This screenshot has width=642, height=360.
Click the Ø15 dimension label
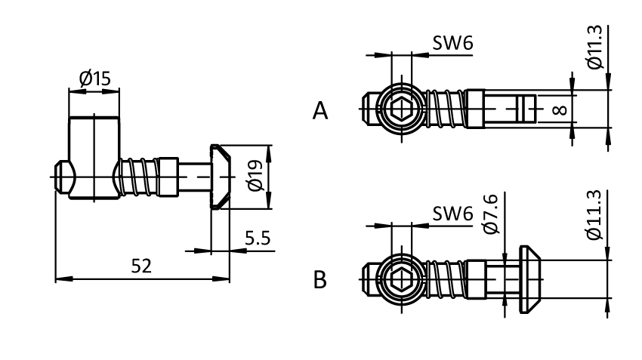click(x=94, y=78)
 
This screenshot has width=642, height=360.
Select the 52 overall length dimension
click(x=141, y=266)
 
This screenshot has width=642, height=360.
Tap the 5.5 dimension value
click(x=258, y=238)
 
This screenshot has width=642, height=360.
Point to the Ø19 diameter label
click(x=255, y=176)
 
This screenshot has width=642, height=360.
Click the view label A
click(x=321, y=112)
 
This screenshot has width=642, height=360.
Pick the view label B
click(x=321, y=281)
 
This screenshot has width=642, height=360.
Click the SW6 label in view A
click(x=452, y=44)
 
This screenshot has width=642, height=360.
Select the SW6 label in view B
click(x=452, y=215)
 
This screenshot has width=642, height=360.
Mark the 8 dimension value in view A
click(x=560, y=110)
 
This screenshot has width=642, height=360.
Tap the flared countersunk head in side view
click(x=220, y=177)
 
